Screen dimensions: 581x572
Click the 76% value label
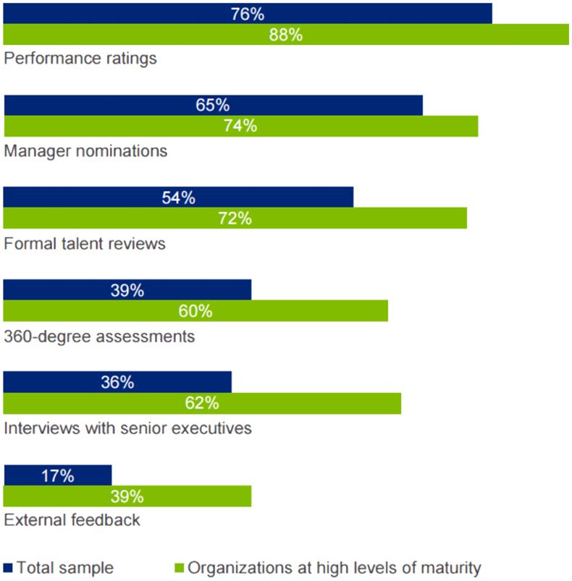(x=248, y=14)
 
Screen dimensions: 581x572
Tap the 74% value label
(x=240, y=126)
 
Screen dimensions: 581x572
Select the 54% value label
(x=178, y=198)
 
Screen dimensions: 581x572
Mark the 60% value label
(x=195, y=311)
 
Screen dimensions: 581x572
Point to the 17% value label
(x=57, y=475)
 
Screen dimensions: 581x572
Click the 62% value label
(x=202, y=403)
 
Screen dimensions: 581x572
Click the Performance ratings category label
(x=80, y=58)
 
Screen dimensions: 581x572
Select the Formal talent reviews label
(x=85, y=243)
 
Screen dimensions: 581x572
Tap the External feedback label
(x=72, y=519)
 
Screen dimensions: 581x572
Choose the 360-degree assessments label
(x=99, y=336)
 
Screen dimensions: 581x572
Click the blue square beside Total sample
(x=9, y=568)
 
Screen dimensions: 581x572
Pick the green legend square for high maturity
(x=180, y=568)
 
